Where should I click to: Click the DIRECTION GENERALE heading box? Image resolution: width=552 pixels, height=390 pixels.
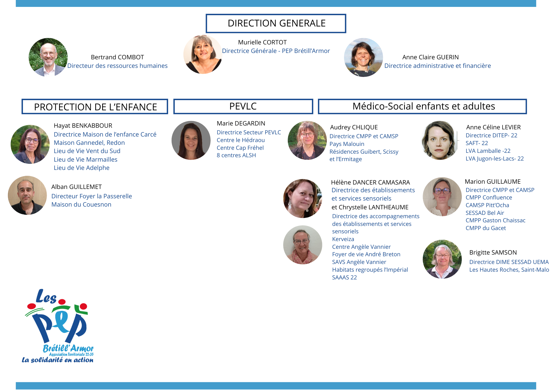(x=276, y=23)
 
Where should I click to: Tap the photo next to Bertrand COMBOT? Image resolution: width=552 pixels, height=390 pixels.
(x=48, y=57)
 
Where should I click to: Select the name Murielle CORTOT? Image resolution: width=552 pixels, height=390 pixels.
(x=262, y=42)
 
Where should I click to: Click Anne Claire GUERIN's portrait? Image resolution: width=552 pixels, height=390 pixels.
(x=363, y=57)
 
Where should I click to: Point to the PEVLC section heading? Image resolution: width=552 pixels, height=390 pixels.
(x=243, y=106)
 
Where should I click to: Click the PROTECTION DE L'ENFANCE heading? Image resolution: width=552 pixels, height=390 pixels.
(x=95, y=107)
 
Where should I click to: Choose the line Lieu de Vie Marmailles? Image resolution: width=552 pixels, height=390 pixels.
(x=86, y=159)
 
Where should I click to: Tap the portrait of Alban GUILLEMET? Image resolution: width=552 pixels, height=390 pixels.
(x=27, y=195)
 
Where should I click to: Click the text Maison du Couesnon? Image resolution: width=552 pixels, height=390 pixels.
(x=81, y=204)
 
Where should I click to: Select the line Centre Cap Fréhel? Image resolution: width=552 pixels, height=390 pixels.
(x=240, y=148)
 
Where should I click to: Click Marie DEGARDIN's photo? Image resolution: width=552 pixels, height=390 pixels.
(x=191, y=140)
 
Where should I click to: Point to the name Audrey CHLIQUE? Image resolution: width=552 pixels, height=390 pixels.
(x=354, y=127)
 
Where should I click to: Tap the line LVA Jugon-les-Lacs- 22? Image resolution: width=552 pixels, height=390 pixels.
(x=495, y=159)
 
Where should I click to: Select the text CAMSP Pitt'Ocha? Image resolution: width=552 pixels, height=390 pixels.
(x=487, y=205)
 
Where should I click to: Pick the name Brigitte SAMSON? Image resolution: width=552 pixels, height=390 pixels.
(x=493, y=252)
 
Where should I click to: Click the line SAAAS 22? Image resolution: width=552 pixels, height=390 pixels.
(x=344, y=277)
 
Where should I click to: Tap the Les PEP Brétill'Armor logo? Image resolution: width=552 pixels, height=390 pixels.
(x=58, y=321)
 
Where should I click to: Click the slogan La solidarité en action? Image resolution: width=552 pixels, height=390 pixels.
(x=58, y=360)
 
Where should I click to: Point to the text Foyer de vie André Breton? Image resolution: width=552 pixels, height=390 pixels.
(x=366, y=254)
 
